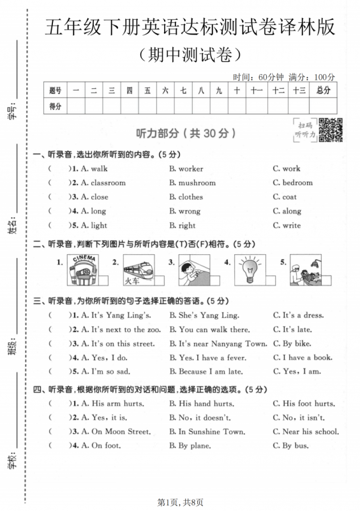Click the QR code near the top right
330,130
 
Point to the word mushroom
196,183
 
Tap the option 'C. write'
287,225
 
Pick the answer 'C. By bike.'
293,343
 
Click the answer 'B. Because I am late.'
208,372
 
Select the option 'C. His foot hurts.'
303,404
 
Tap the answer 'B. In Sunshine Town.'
207,432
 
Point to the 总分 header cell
324,91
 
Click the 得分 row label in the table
56,106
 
